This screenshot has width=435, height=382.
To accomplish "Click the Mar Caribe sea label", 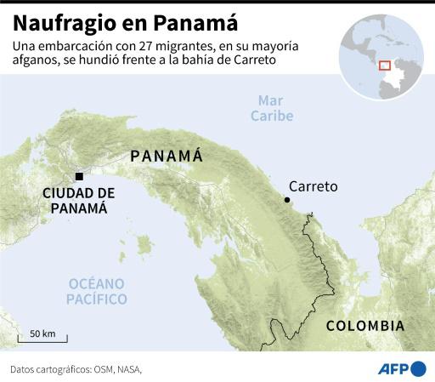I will pyautogui.click(x=273, y=108).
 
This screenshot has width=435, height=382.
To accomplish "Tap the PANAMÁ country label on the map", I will pyautogui.click(x=166, y=156).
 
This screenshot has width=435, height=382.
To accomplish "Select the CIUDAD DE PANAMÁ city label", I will pyautogui.click(x=78, y=200).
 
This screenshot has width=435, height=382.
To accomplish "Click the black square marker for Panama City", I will pyautogui.click(x=79, y=176).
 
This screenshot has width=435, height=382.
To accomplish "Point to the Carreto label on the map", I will pyautogui.click(x=313, y=186).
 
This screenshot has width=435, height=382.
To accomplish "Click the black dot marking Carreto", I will pyautogui.click(x=287, y=200).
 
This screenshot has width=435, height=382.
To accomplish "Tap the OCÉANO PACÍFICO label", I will pyautogui.click(x=97, y=291).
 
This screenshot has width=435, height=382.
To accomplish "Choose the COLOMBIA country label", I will pyautogui.click(x=365, y=326).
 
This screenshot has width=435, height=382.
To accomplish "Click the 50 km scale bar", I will pyautogui.click(x=42, y=339).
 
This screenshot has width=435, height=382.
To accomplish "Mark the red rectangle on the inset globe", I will pyautogui.click(x=384, y=65).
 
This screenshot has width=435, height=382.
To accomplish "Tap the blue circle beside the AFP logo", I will pyautogui.click(x=419, y=368).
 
